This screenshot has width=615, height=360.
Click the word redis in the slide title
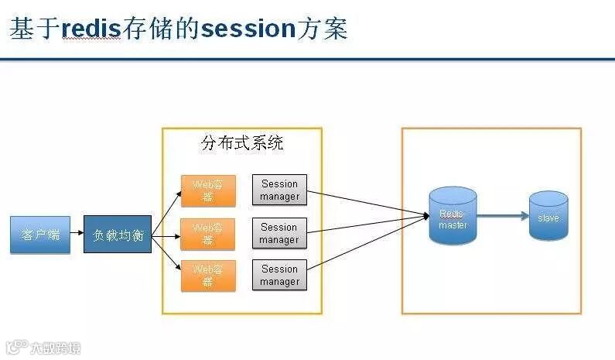point(91,29)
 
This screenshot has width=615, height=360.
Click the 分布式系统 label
point(241,143)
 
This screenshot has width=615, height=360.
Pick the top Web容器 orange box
point(208,190)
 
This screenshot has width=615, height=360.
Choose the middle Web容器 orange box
point(208,234)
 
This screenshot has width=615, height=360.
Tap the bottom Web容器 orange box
point(208,276)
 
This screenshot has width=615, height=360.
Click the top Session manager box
point(279,190)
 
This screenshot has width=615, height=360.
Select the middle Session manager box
point(279,234)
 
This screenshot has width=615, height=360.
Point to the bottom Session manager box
point(279,276)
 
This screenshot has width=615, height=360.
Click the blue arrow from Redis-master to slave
point(503,218)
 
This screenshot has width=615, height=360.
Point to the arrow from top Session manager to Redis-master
point(364,203)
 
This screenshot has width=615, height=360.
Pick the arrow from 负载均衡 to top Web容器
point(166,214)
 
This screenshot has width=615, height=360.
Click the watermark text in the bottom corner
point(54,348)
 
